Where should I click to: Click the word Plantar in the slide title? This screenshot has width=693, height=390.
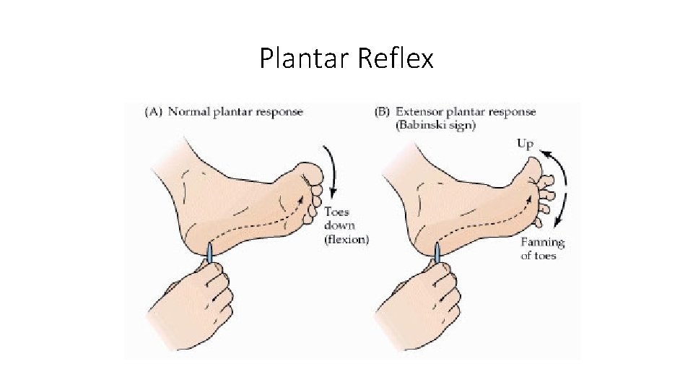(304, 58)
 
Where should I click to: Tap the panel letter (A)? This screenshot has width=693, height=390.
(154, 112)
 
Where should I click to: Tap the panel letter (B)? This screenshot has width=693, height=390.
(383, 112)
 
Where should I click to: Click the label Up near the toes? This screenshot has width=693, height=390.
(525, 144)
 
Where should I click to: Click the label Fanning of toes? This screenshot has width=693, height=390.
(542, 248)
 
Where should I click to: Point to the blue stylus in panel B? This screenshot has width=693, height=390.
(437, 253)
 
